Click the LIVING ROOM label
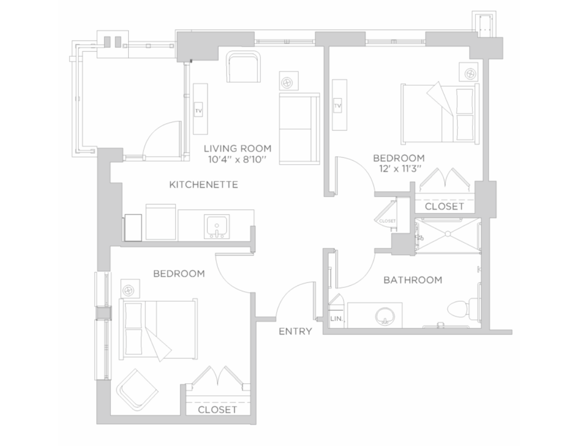tap(238, 148)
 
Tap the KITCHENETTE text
tap(204, 184)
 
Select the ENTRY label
tap(295, 332)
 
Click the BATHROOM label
tap(413, 280)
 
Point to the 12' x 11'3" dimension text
tap(400, 169)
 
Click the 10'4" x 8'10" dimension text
tap(237, 160)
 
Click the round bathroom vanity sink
tap(385, 316)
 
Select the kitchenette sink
tap(217, 226)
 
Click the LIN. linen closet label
tap(336, 318)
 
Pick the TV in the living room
tap(199, 110)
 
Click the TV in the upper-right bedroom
tap(338, 105)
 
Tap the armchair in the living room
tap(243, 67)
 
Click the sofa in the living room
tap(299, 129)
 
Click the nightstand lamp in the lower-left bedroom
tap(129, 290)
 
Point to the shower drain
tap(447, 234)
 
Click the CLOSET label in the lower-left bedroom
tap(217, 410)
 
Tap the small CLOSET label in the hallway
tap(387, 221)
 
